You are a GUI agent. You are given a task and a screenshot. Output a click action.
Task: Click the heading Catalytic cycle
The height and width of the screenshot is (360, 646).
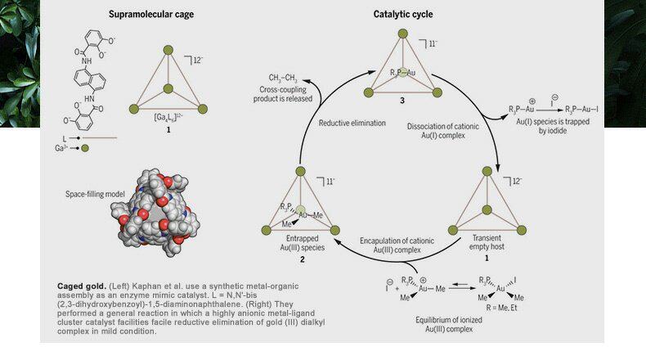click(403, 14)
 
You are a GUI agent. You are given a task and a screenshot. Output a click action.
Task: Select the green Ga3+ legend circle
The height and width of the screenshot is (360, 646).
click(85, 149)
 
